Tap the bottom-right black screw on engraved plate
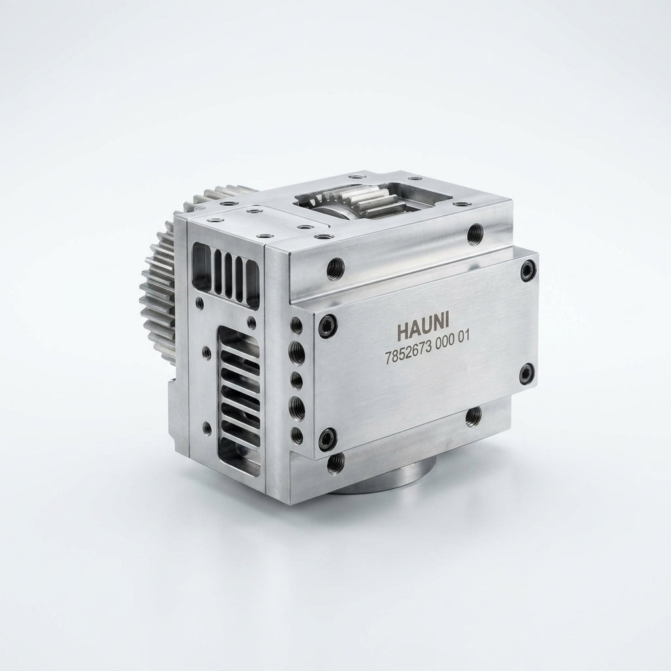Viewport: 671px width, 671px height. click(x=526, y=374)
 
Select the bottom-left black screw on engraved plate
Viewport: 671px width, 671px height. click(x=328, y=438)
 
